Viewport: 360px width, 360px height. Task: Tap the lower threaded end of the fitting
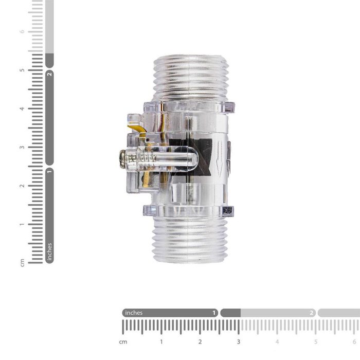coord(191,239)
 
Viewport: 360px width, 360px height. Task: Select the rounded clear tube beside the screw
coord(175,159)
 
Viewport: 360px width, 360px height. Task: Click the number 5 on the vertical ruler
coord(22,70)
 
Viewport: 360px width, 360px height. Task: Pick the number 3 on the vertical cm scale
coord(22,147)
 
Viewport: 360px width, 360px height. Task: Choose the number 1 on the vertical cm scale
coord(22,224)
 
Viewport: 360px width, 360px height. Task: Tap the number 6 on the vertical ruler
coord(22,31)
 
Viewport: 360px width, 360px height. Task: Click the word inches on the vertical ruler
coord(49,252)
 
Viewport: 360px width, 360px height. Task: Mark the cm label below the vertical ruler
coord(22,262)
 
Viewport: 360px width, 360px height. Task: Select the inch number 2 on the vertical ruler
coord(49,74)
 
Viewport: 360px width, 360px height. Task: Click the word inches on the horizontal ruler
coord(134,313)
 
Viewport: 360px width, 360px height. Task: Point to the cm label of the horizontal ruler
coord(123,341)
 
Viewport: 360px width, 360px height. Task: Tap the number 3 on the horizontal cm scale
coord(239,341)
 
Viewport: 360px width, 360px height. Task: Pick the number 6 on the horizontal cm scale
coord(354,341)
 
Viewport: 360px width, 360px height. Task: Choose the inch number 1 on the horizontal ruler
coord(214,313)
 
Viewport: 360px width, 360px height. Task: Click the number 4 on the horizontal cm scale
coord(277,341)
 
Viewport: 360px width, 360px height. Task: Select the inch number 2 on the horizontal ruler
coord(312,313)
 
